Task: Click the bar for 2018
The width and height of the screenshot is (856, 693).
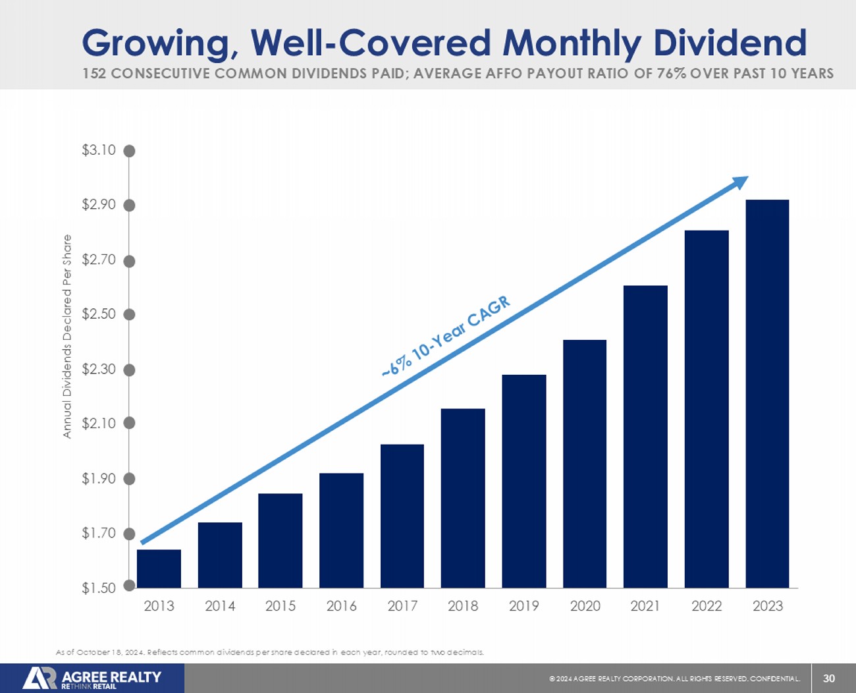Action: point(463,498)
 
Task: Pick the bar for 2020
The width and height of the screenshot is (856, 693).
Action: point(585,464)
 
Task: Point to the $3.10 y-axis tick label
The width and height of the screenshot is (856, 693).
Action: point(99,150)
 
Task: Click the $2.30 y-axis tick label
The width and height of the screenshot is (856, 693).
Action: point(99,369)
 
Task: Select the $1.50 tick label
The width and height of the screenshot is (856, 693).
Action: point(99,588)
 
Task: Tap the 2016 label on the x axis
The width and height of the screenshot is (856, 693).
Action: point(341,606)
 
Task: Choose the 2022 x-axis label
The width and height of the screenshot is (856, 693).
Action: point(707,606)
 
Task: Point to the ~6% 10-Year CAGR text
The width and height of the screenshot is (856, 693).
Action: point(446,337)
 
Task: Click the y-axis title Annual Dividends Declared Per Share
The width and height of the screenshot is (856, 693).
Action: point(67,336)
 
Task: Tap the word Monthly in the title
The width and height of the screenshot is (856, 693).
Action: point(572,43)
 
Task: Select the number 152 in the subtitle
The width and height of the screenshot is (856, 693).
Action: point(94,73)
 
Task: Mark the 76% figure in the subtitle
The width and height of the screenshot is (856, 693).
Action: point(672,73)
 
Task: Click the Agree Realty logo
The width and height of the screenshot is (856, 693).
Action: point(92,678)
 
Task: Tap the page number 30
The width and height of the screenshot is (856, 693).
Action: point(829,679)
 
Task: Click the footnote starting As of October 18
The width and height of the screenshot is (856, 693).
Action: point(270,652)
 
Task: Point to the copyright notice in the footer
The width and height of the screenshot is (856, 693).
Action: point(675,679)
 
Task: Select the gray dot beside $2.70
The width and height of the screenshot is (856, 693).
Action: point(130,261)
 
